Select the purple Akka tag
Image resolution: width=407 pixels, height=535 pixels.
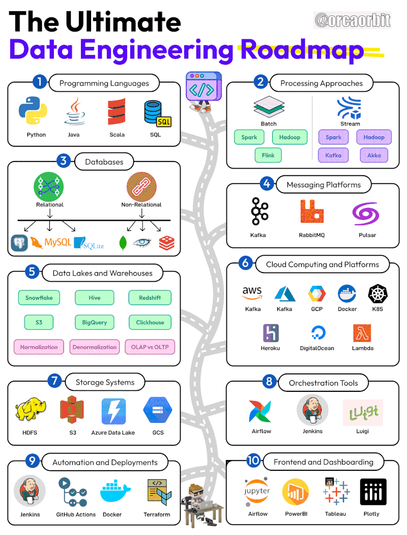pos(374,155)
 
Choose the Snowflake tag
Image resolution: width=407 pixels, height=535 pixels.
pos(39,298)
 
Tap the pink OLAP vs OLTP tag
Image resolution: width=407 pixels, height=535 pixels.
pos(150,347)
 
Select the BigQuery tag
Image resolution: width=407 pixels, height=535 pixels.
pos(95,323)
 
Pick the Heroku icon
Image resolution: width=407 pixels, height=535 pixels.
pos(271,333)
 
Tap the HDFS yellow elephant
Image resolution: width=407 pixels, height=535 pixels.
pos(30,412)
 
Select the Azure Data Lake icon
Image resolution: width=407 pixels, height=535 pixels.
pos(113,412)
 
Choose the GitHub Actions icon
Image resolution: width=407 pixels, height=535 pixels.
pos(75,491)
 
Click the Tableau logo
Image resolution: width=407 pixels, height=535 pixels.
pos(336,491)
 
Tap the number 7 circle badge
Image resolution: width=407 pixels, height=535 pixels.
pos(54,381)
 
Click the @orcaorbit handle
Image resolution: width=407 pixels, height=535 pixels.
pos(352,20)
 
